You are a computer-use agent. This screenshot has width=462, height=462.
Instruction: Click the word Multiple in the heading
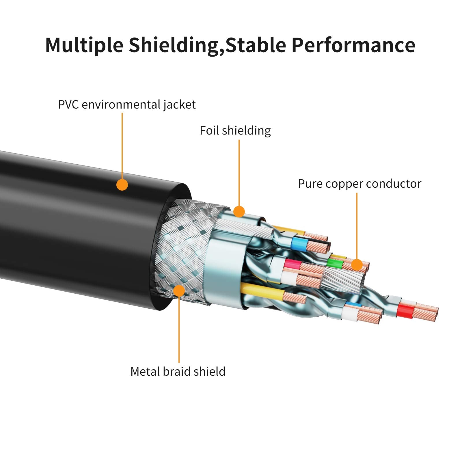tap(84, 45)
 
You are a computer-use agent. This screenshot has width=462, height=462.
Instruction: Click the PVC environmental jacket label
tap(126, 105)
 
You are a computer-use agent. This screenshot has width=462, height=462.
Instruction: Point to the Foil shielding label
tap(235, 131)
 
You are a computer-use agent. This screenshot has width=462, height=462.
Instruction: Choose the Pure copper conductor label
tap(359, 184)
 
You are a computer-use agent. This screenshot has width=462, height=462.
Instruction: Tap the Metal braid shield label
tap(178, 372)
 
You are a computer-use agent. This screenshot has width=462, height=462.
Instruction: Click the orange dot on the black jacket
tap(122, 185)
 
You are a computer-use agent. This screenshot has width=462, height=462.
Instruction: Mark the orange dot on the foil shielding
tap(239, 211)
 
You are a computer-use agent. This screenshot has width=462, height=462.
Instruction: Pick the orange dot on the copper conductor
tap(357, 265)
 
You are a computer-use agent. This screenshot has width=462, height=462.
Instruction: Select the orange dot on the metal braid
tap(179, 291)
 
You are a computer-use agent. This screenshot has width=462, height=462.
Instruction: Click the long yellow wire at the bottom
tap(263, 292)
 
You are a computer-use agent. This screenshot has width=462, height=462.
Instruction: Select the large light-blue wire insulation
tap(298, 243)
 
